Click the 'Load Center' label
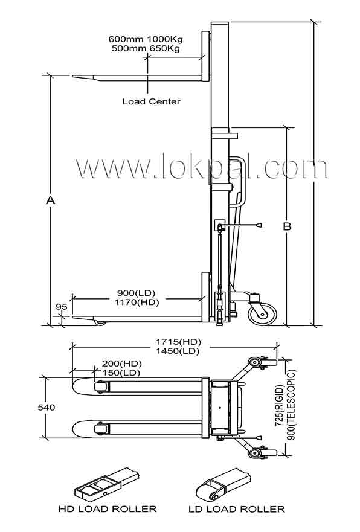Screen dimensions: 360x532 pos(152,101)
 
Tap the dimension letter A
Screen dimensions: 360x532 pos(51,200)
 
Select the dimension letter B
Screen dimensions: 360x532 pos(287,226)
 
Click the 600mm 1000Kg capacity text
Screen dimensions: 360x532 pos(146,39)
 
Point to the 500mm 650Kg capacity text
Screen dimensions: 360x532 pos(146,48)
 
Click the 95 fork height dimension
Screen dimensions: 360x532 pos(62,307)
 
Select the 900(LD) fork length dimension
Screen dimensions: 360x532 pos(136,293)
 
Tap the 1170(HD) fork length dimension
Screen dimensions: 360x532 pos(137,302)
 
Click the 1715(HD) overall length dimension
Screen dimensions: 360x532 pos(178,341)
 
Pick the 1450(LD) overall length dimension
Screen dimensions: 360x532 pos(178,351)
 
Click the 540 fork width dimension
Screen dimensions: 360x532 pos(47,407)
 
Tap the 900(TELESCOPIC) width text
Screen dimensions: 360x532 pos(292,405)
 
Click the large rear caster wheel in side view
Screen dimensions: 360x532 pos(262,314)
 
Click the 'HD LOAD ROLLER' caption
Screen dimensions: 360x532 pos(108,509)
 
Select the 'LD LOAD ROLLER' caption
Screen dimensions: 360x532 pos(237,509)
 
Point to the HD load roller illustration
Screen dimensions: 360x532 pos(106,484)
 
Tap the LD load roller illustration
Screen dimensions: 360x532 pos(223,484)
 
